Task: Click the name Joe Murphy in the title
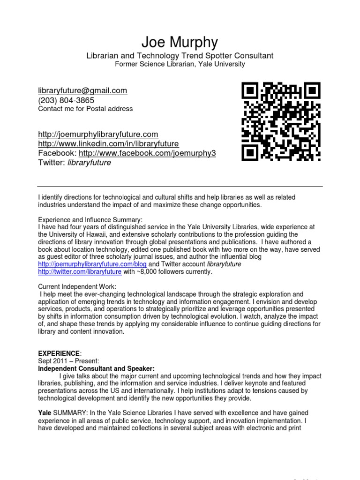[x=180, y=43]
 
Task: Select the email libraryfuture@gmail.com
[x=82, y=91]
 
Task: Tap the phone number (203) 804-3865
[x=66, y=100]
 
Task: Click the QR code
[x=281, y=121]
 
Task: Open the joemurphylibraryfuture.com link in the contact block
[x=98, y=135]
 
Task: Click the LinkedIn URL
[x=108, y=144]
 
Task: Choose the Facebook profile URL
[x=147, y=153]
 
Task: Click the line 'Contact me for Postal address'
[x=85, y=109]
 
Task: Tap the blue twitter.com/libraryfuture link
[x=80, y=272]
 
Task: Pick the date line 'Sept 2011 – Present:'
[x=68, y=361]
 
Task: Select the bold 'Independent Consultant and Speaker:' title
[x=96, y=369]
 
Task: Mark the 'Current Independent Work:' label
[x=77, y=286]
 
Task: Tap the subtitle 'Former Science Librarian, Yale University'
[x=180, y=64]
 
